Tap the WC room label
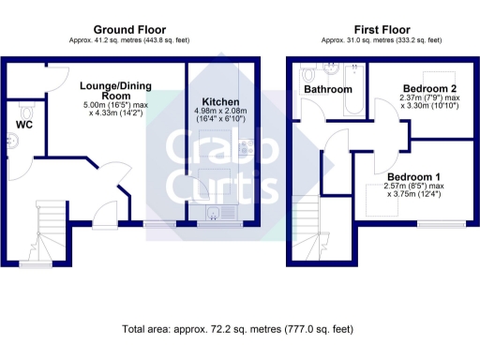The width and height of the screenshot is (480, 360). tap(23, 123)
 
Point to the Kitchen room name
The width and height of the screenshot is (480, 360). tap(221, 101)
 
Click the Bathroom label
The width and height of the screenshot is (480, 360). tap(326, 89)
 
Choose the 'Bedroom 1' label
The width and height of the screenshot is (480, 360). tap(413, 177)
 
